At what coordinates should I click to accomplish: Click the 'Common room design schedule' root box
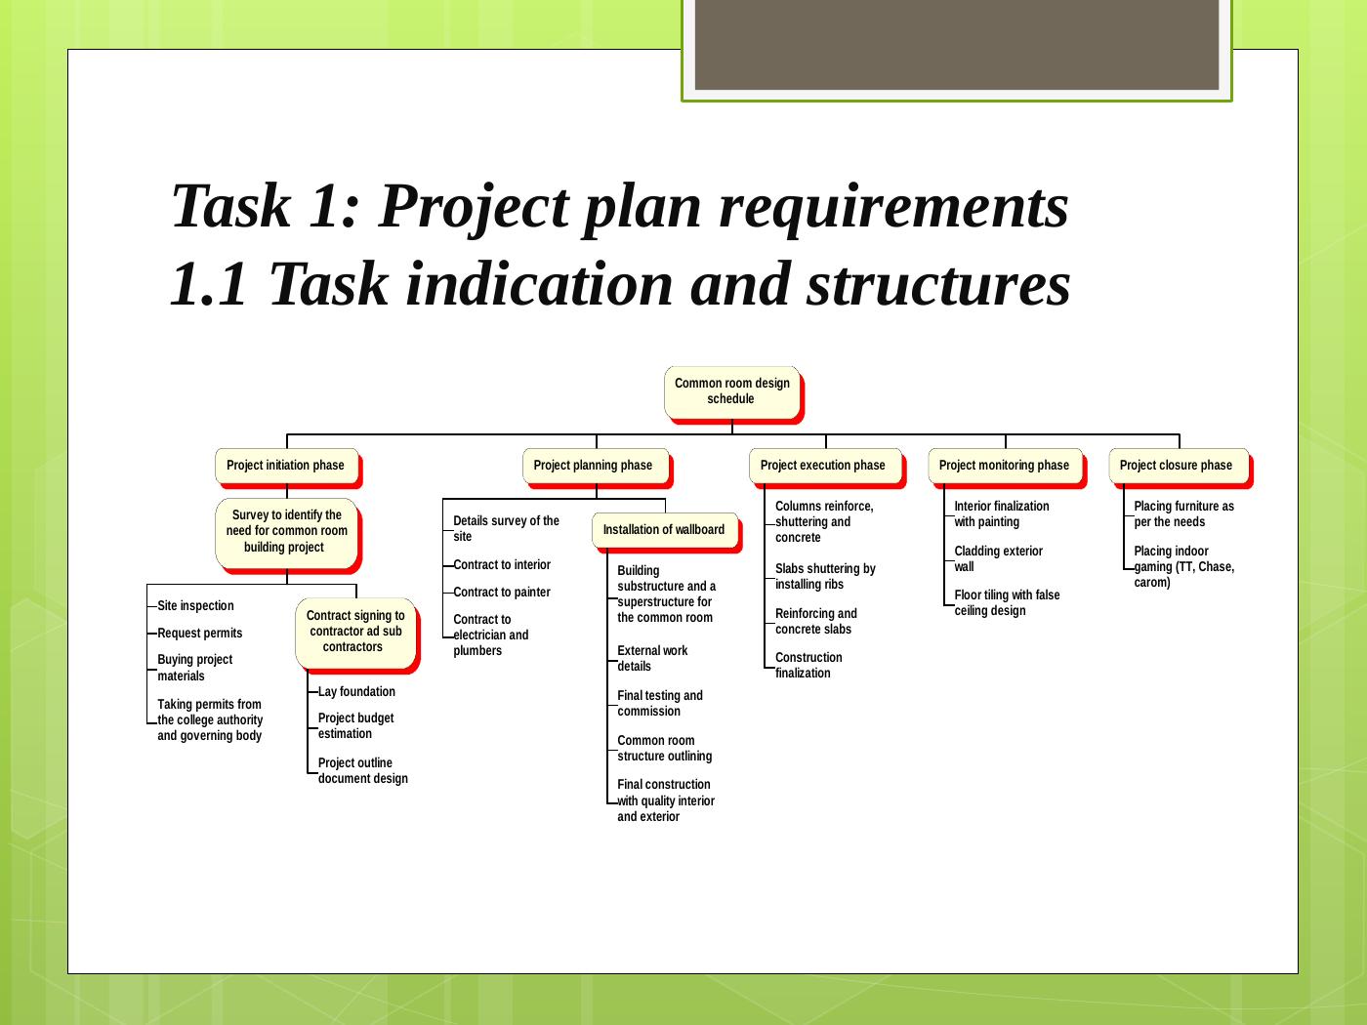pyautogui.click(x=731, y=392)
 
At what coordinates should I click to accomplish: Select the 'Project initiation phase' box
pyautogui.click(x=286, y=466)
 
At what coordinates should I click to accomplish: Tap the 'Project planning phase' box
pyautogui.click(x=596, y=466)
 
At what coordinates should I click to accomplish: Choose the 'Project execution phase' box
pyautogui.click(x=825, y=466)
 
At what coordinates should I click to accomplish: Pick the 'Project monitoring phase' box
pyautogui.click(x=1005, y=466)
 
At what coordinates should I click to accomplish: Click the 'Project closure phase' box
pyautogui.click(x=1179, y=466)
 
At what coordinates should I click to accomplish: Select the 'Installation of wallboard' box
pyautogui.click(x=665, y=530)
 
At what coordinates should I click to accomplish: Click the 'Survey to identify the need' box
pyautogui.click(x=286, y=533)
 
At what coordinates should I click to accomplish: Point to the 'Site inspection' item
pyautogui.click(x=195, y=605)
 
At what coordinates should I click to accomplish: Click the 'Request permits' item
pyautogui.click(x=200, y=633)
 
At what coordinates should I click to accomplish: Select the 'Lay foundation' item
pyautogui.click(x=356, y=691)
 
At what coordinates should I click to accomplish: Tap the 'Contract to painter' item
pyautogui.click(x=502, y=592)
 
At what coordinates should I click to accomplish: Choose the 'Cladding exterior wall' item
pyautogui.click(x=998, y=558)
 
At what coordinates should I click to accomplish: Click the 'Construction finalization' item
pyautogui.click(x=808, y=666)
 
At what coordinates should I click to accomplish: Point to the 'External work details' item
pyautogui.click(x=652, y=658)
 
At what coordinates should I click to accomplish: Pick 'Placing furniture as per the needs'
pyautogui.click(x=1183, y=514)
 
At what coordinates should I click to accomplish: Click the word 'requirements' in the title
pyautogui.click(x=893, y=207)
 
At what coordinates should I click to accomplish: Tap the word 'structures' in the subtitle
pyautogui.click(x=938, y=285)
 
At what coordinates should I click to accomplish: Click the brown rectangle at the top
pyautogui.click(x=957, y=44)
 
